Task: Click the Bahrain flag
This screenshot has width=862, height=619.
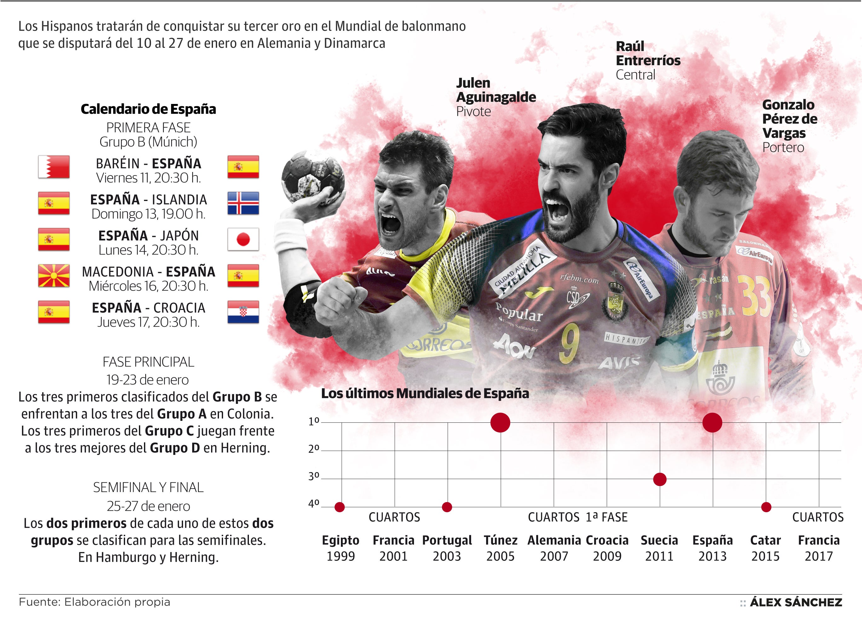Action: click(x=54, y=167)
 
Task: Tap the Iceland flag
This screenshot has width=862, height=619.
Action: click(x=243, y=203)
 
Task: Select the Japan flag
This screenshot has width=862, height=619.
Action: click(x=243, y=239)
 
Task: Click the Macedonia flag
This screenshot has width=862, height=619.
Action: click(x=54, y=276)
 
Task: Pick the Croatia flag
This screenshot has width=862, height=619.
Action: click(x=243, y=312)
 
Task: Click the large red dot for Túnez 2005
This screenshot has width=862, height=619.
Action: click(x=500, y=422)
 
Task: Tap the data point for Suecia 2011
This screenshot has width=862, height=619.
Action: click(x=660, y=479)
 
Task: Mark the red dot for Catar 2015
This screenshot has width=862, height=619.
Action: click(x=766, y=507)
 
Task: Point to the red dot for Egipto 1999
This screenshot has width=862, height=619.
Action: click(x=340, y=507)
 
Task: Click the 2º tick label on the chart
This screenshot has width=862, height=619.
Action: click(x=314, y=449)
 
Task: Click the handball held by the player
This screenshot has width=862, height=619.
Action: click(x=313, y=176)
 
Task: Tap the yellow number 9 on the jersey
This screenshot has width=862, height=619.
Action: click(x=569, y=342)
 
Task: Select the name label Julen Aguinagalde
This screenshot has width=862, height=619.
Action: click(x=496, y=90)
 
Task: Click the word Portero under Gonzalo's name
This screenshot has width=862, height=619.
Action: click(x=783, y=147)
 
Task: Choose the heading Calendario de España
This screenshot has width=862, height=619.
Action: click(x=148, y=109)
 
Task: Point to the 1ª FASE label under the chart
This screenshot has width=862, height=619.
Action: click(x=606, y=517)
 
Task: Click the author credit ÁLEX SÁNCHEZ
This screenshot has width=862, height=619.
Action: click(x=796, y=602)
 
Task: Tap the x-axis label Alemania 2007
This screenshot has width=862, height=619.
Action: click(x=554, y=548)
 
